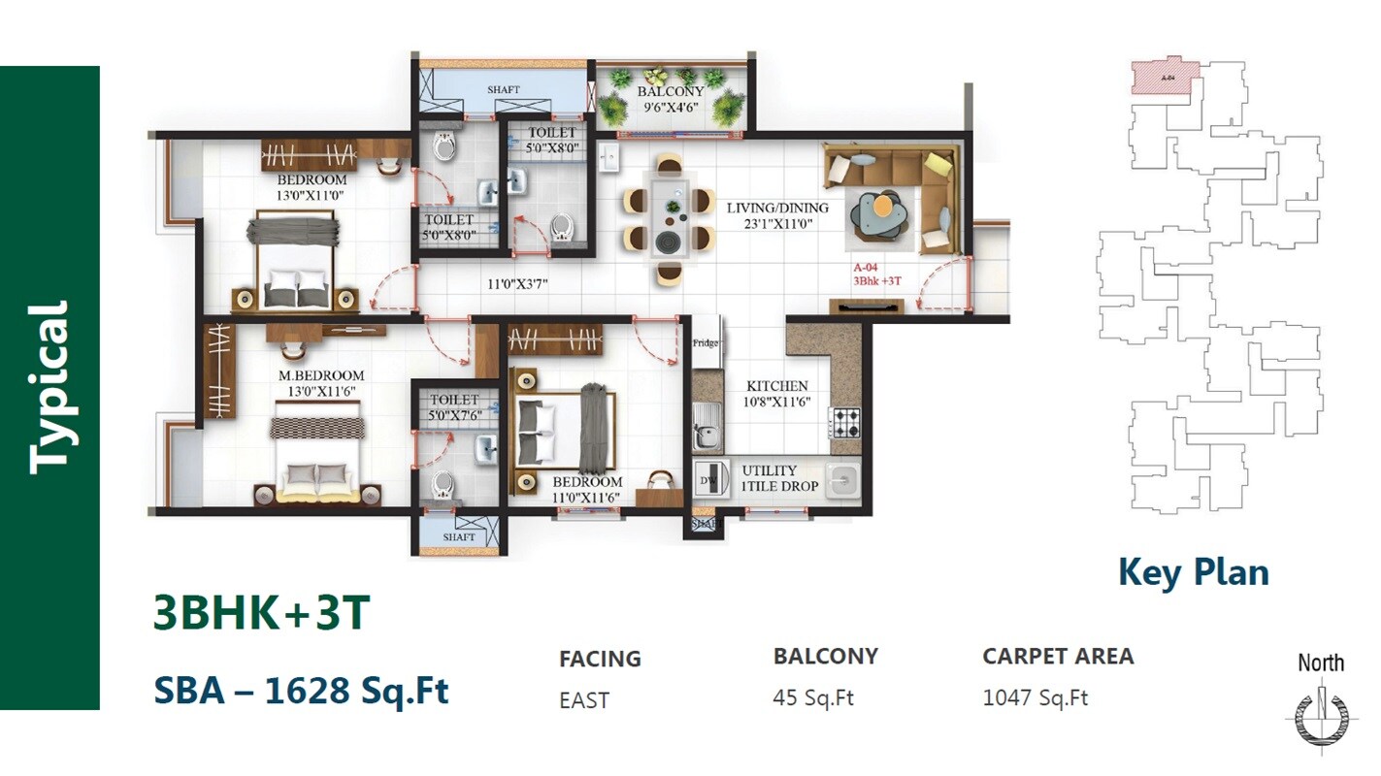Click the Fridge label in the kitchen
(705, 343)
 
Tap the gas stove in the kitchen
(845, 423)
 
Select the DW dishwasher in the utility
(708, 480)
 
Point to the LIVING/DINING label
(777, 208)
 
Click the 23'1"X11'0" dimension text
(777, 224)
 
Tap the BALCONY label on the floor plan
(671, 92)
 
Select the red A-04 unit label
(867, 267)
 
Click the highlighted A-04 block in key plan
(1167, 76)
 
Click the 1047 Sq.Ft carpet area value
(1035, 697)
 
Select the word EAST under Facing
(584, 700)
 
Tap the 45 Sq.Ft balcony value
(813, 697)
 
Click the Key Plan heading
(1193, 572)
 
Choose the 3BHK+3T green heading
(262, 613)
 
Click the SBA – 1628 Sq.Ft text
(301, 691)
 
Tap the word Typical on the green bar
(49, 388)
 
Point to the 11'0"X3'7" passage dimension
(523, 286)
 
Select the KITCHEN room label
(776, 386)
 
